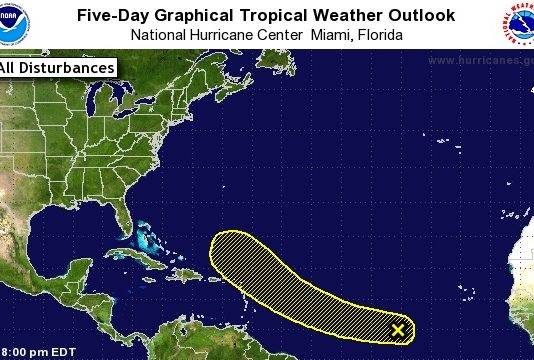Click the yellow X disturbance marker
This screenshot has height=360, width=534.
[398, 329]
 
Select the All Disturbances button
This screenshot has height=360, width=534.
[56, 68]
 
